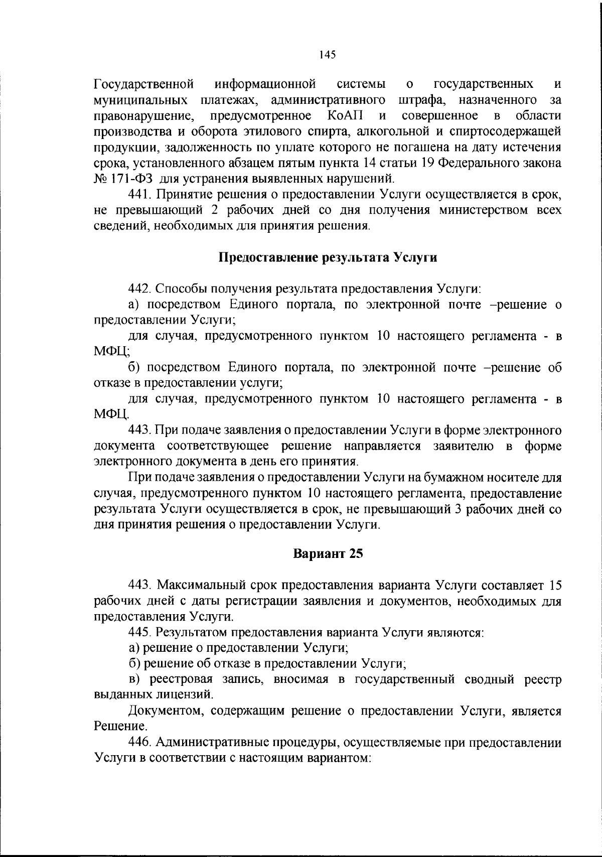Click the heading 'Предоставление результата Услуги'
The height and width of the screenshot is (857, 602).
(328, 258)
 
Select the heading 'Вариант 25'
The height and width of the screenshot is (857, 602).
(328, 553)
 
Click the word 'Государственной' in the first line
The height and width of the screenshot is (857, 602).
(144, 84)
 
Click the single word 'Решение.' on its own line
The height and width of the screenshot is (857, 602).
(120, 726)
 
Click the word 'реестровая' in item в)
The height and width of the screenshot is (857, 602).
(174, 679)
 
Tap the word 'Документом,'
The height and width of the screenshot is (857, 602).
(166, 710)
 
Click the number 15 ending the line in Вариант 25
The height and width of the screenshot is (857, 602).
(555, 585)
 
